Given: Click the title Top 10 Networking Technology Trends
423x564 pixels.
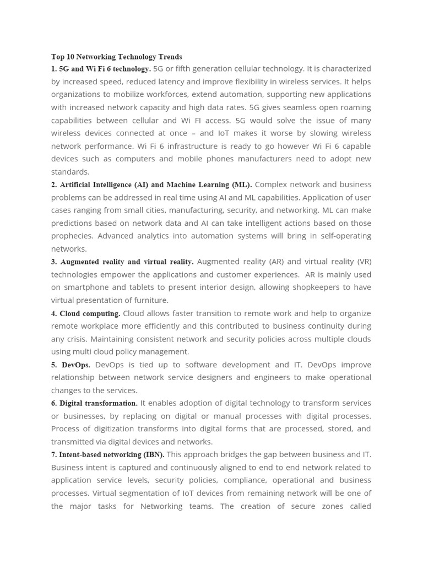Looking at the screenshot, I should [116, 57].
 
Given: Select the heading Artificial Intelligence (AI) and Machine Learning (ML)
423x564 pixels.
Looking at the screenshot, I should [151, 185].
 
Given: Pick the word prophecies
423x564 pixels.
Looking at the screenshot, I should [73, 236].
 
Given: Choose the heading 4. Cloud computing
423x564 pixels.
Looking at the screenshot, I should [85, 313].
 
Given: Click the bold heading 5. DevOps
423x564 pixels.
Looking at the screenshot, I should [71, 365].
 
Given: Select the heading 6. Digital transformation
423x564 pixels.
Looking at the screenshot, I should [94, 403].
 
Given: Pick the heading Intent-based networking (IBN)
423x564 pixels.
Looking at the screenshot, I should [107, 454].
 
